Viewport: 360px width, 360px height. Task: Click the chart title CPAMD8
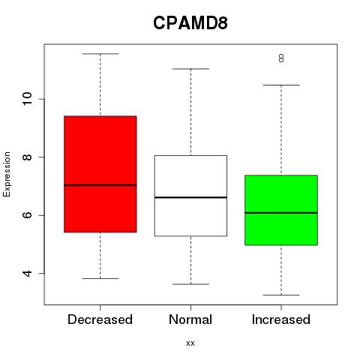(190, 23)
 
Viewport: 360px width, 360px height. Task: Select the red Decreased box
(100, 174)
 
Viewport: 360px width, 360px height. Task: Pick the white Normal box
(190, 196)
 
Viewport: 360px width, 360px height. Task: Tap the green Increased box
(281, 210)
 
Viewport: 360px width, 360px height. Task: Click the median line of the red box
(100, 185)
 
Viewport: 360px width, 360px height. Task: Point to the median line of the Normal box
(190, 197)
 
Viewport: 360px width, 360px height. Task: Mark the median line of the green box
(281, 213)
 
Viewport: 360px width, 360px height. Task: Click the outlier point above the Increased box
(281, 58)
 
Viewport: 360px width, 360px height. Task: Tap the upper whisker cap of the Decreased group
(100, 54)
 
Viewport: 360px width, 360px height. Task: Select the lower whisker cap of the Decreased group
(100, 278)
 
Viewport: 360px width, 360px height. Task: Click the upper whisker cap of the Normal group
(190, 69)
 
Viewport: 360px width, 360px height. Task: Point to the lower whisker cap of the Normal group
(190, 284)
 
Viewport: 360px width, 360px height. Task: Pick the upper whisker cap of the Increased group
(281, 85)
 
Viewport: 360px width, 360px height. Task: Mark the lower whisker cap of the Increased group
(281, 295)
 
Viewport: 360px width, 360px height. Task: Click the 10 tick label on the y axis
(28, 99)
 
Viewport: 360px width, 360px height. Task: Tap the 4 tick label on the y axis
(28, 274)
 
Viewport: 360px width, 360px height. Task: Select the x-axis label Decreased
(100, 319)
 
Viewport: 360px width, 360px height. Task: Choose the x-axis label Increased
(281, 319)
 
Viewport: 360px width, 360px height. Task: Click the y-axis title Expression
(7, 174)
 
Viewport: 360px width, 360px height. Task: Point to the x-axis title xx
(190, 343)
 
